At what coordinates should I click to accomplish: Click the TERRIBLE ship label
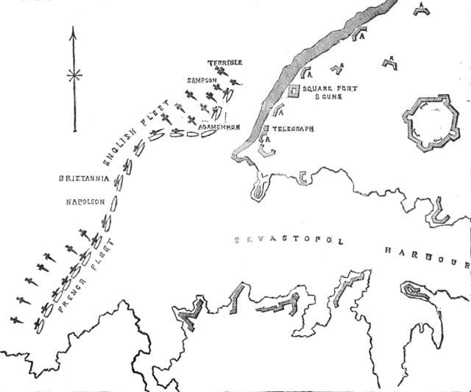pyautogui.click(x=225, y=63)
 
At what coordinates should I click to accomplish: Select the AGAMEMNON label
pyautogui.click(x=219, y=126)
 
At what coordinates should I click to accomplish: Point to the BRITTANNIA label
pyautogui.click(x=84, y=179)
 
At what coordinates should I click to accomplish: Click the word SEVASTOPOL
pyautogui.click(x=288, y=240)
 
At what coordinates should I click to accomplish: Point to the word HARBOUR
pyautogui.click(x=427, y=256)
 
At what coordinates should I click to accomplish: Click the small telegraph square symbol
pyautogui.click(x=265, y=129)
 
